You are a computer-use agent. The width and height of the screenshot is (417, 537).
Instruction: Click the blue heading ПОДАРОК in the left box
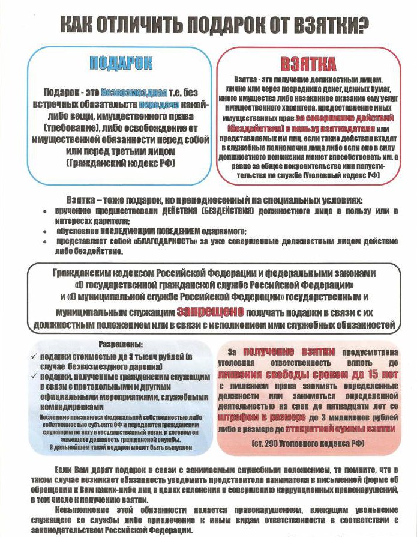pyautogui.click(x=121, y=63)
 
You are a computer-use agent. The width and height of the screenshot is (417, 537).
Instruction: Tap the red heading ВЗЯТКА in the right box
pyautogui.click(x=308, y=65)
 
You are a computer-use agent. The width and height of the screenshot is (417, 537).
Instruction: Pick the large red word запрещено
pyautogui.click(x=210, y=312)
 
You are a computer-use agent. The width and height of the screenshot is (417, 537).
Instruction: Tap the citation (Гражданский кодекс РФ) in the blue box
pyautogui.click(x=121, y=163)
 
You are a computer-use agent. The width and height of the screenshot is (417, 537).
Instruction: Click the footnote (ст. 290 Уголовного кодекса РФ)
pyautogui.click(x=308, y=443)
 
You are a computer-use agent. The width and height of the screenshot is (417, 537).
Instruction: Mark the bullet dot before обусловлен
pyautogui.click(x=46, y=231)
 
